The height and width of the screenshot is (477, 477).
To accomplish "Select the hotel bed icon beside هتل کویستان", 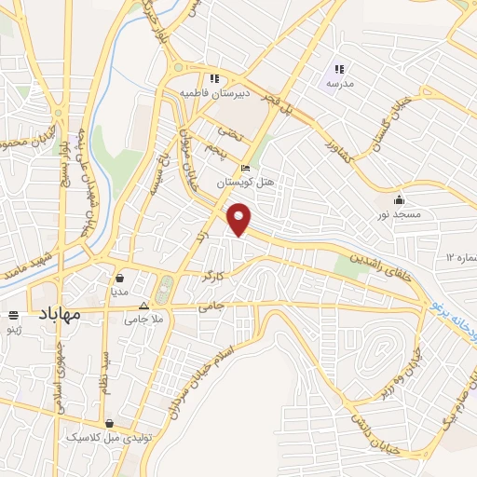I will coord(246,169).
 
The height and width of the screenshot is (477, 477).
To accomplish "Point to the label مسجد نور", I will coord(399,214).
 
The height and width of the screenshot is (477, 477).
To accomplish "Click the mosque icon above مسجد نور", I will coord(399,198).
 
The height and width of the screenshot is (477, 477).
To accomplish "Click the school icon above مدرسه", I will coord(339,68).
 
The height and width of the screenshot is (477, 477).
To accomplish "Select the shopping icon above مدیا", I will coord(120,277).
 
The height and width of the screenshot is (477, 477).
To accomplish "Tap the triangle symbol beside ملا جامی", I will coord(143,306).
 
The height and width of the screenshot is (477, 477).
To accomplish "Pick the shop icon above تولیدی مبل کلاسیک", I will coord(110,422).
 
